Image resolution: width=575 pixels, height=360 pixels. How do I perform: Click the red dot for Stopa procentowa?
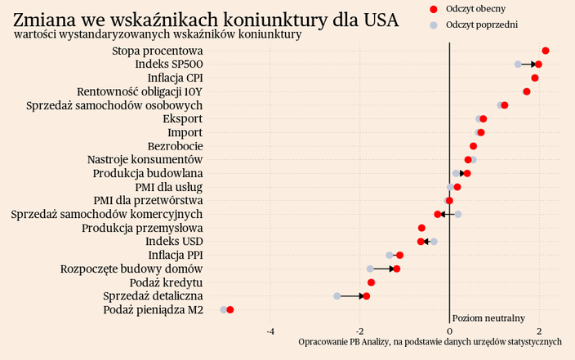pyautogui.click(x=546, y=51)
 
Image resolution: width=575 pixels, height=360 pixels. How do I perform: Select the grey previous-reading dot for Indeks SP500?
pyautogui.click(x=518, y=64)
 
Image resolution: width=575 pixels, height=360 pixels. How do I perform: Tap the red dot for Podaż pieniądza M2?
pyautogui.click(x=230, y=310)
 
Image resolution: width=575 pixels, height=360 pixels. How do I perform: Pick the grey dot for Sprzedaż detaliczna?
pyautogui.click(x=337, y=296)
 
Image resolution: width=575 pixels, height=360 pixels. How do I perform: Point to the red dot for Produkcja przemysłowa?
pyautogui.click(x=421, y=228)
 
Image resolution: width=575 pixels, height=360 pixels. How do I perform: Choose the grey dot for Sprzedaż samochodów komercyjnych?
pyautogui.click(x=458, y=214)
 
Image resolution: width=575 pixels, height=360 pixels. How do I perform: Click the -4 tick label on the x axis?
pyautogui.click(x=270, y=331)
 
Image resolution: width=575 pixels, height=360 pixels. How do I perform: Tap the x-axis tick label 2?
pyautogui.click(x=539, y=331)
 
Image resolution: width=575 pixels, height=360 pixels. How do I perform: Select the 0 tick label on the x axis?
pyautogui.click(x=449, y=331)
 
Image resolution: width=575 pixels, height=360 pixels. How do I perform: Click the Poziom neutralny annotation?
pyautogui.click(x=488, y=318)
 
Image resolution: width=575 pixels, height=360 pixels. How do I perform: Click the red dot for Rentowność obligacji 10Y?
pyautogui.click(x=527, y=91)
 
